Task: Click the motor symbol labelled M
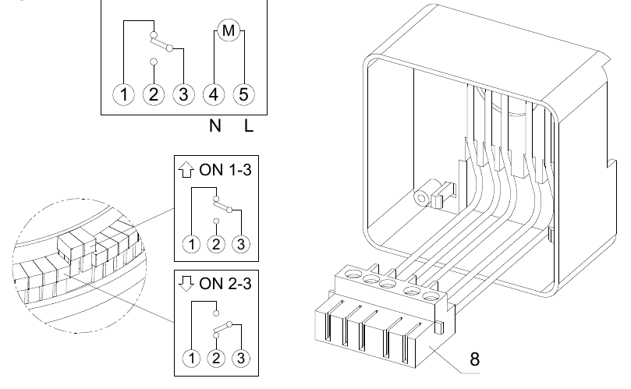229,30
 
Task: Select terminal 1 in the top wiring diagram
123,95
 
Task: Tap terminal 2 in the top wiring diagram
154,95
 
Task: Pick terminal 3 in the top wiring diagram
183,95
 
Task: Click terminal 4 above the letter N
214,95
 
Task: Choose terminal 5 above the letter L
244,95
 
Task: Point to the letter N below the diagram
215,126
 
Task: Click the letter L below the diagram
249,126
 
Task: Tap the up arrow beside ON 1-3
186,169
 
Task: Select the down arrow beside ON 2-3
186,283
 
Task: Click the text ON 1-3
225,170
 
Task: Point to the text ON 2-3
225,284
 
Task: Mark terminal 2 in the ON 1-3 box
216,244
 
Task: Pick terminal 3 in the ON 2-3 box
241,358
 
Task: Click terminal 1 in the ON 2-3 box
191,358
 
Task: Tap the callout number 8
475,359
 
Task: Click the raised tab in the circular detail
76,246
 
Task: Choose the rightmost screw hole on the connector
431,297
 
